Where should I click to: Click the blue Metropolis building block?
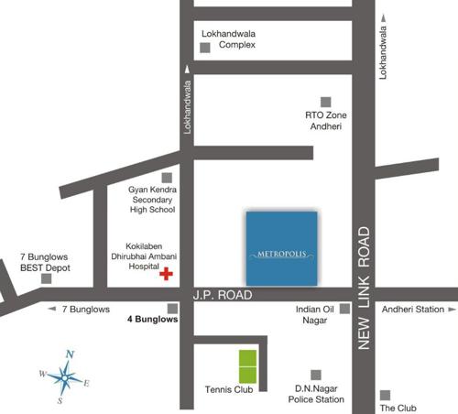(281, 247)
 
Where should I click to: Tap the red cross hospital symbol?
(166, 274)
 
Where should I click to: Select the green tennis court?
(248, 365)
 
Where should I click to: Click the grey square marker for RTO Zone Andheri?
(324, 102)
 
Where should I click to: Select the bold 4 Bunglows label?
(152, 321)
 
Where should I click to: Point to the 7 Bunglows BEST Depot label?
(45, 263)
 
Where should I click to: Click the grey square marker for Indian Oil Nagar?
(344, 309)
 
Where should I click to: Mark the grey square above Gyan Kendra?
(167, 177)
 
